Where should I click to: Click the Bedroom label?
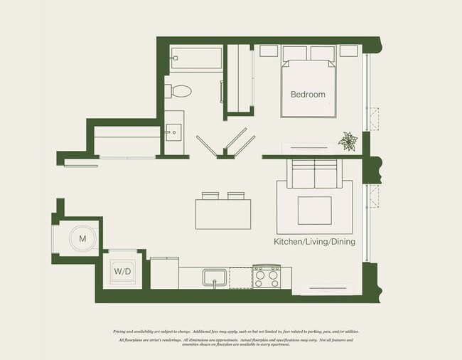coord(308,94)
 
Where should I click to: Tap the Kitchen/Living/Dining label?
coord(314,242)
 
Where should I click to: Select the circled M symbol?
coord(83,238)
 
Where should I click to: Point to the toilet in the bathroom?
coord(180,91)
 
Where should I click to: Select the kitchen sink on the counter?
coord(214,275)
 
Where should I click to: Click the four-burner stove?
coord(268,275)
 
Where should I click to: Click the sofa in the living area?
coord(316,173)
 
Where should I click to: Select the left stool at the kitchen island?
coord(210,196)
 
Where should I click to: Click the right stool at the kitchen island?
coord(235,196)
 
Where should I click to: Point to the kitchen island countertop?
coord(223,213)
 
